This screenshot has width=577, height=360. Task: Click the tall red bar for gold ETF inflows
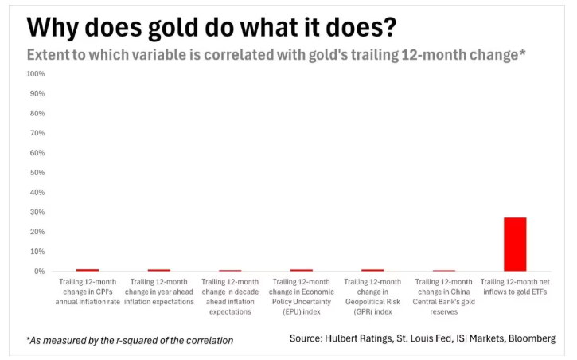[x=515, y=245]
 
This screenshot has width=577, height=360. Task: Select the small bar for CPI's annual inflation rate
[x=88, y=270]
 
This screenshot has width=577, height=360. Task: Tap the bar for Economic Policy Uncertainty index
[x=302, y=270]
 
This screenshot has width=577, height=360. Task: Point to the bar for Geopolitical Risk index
[x=372, y=270]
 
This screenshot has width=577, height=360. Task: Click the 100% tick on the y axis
[x=36, y=73]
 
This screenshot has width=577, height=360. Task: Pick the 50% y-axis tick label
[x=37, y=172]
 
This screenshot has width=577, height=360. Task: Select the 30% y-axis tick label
[x=37, y=212]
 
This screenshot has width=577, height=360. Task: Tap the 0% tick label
[x=40, y=272]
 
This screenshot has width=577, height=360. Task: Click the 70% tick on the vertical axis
[x=37, y=133]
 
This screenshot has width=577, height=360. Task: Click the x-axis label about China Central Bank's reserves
[x=443, y=292]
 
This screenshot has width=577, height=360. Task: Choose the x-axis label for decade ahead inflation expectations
[x=230, y=296]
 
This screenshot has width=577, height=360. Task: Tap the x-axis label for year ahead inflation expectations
[x=158, y=292]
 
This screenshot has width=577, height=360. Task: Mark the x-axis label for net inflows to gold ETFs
[x=515, y=287]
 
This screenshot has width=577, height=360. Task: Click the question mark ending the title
[x=390, y=26]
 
